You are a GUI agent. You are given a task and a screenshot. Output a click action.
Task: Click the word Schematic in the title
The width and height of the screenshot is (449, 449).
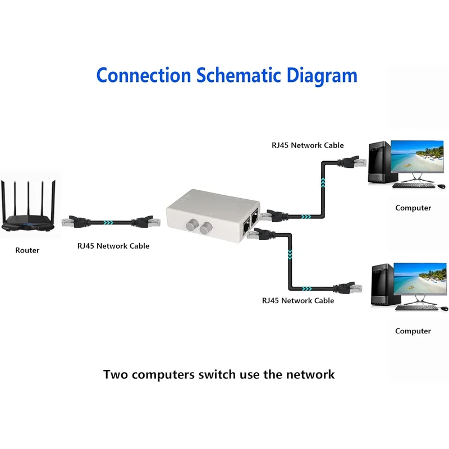238,75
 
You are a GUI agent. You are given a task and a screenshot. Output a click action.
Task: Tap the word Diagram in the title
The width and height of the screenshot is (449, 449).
322,76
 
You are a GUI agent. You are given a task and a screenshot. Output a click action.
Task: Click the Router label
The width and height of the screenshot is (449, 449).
27,250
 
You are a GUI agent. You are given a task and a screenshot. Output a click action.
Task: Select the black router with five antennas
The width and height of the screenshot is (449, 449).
28,206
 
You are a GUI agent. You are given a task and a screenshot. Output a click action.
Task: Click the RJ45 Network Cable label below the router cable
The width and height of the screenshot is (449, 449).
113,246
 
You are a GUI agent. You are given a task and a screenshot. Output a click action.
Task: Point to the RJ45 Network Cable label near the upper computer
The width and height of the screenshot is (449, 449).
308,145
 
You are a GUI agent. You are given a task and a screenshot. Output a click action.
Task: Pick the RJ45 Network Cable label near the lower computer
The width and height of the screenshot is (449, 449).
298,300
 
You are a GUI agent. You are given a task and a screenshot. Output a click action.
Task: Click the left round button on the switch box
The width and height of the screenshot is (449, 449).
192,225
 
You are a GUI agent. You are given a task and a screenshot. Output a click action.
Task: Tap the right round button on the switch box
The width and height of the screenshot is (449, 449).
206,228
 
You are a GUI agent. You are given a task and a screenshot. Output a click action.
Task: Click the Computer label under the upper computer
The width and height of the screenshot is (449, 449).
413,208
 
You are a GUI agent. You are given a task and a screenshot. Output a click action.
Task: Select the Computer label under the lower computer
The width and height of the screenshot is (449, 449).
413,331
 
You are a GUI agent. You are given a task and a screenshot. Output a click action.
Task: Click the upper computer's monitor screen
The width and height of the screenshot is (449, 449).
417,157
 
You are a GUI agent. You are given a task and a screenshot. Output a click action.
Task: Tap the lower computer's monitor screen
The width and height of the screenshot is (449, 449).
420,278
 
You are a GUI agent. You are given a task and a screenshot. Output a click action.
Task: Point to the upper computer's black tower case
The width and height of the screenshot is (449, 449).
380,162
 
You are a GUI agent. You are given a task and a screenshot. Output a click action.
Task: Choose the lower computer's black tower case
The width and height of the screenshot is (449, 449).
383,285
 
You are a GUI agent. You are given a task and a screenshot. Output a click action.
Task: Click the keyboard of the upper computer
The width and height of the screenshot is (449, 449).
414,186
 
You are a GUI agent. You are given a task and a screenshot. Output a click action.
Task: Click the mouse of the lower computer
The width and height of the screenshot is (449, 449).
444,308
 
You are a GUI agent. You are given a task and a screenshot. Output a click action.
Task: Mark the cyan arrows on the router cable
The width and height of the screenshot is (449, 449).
108,222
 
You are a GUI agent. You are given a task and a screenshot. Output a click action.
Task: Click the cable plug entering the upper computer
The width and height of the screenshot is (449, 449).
352,162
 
